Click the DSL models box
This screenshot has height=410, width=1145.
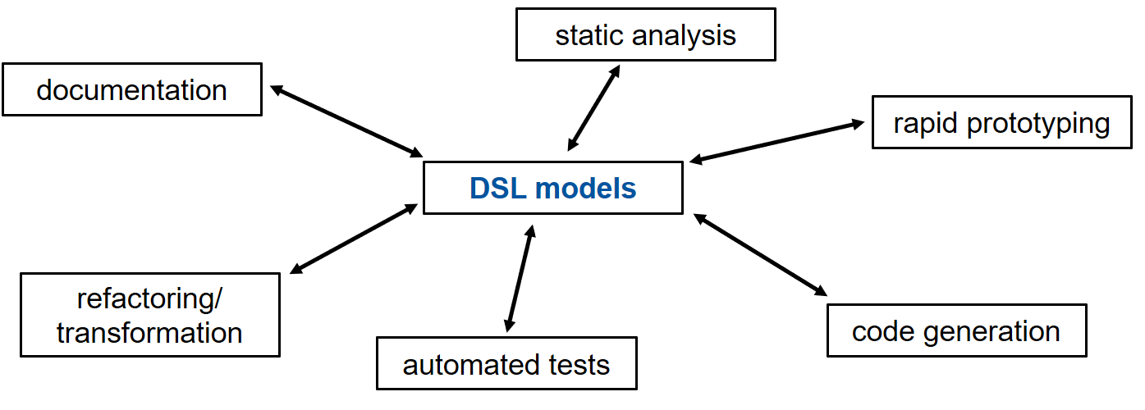point(553,188)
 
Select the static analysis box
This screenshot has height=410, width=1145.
point(646,34)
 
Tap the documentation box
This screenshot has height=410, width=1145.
point(132,89)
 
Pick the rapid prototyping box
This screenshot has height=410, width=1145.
point(1002,122)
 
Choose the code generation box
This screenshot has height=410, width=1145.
point(957,330)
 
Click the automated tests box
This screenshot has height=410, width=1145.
point(506,363)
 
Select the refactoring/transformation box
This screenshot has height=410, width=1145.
point(150,315)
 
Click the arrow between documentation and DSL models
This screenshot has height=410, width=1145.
point(346,121)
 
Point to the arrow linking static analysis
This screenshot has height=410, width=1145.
point(593,107)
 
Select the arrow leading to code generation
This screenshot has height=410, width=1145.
point(760,255)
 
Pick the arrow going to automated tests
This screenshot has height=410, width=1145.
point(520,278)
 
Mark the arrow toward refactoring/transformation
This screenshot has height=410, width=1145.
point(354,239)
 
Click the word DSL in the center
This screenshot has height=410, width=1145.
point(498,189)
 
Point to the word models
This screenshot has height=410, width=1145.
point(586,189)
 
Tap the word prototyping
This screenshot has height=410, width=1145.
point(1038,125)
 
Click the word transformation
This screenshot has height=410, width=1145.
point(149,334)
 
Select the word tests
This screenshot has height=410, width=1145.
point(579,366)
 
